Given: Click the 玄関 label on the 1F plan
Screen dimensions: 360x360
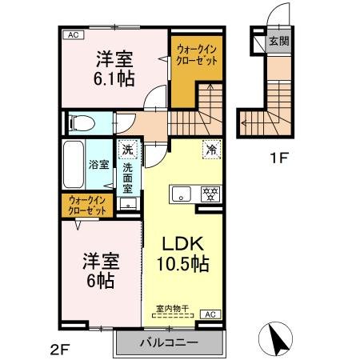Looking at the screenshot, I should click(x=278, y=41).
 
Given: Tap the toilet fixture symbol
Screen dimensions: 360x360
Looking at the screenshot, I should click(x=81, y=122).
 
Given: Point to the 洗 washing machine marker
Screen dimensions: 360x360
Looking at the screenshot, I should click(x=128, y=149).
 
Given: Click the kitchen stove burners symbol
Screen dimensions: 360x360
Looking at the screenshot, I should click(x=210, y=194).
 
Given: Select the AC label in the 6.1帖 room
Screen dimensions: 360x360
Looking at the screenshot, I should click(x=73, y=35).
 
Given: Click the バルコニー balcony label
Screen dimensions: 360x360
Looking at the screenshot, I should click(x=168, y=343).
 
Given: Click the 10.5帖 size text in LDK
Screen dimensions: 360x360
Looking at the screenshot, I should click(x=182, y=262).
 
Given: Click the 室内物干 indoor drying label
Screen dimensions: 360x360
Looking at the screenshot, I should click(x=170, y=307).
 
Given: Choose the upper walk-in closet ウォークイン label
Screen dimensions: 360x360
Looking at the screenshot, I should click(x=196, y=54).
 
